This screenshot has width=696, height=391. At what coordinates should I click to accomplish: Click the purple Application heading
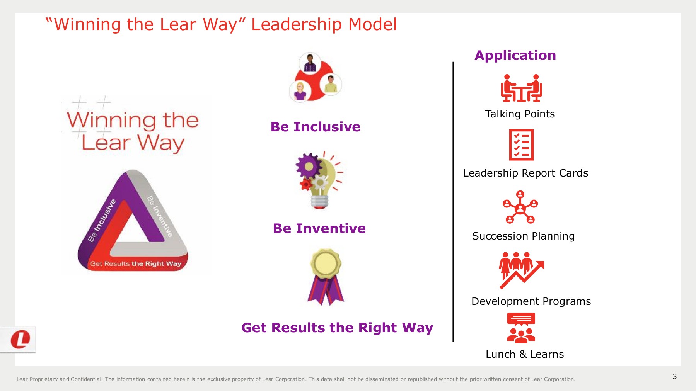click(x=515, y=56)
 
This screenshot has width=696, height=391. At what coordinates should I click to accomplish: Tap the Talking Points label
click(x=520, y=114)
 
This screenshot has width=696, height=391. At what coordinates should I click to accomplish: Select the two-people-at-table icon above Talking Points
click(x=521, y=88)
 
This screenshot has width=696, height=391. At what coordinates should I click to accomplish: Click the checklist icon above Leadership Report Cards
click(x=521, y=145)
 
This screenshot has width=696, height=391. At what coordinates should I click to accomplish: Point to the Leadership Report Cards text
click(x=525, y=173)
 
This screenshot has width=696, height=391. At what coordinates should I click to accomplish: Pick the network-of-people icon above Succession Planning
click(x=520, y=207)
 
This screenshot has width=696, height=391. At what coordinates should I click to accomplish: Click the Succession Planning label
click(x=523, y=236)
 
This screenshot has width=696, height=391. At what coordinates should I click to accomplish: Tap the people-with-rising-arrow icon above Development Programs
click(x=521, y=270)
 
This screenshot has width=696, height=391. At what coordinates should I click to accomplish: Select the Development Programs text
click(x=531, y=301)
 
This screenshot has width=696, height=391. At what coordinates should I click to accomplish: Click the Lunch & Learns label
click(x=524, y=354)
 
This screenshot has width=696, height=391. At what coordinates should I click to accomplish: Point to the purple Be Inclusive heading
click(x=315, y=127)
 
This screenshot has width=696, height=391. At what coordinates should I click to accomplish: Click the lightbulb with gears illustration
click(x=319, y=180)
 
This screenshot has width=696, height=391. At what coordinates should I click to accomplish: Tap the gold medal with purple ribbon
click(x=326, y=277)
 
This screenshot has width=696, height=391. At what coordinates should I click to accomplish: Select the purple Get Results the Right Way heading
click(x=337, y=328)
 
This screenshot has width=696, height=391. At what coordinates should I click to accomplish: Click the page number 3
click(x=674, y=376)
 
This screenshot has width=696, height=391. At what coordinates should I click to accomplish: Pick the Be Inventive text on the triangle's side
click(x=160, y=216)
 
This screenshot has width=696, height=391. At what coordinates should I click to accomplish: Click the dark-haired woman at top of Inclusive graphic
click(x=310, y=63)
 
